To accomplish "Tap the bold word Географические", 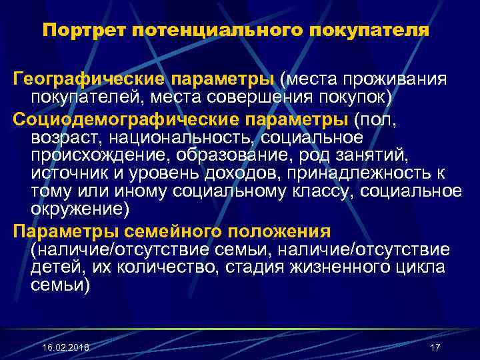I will [90, 80].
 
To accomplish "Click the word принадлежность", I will [358, 173].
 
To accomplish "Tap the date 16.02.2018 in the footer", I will [65, 349].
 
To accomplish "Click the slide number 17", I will [436, 349].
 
